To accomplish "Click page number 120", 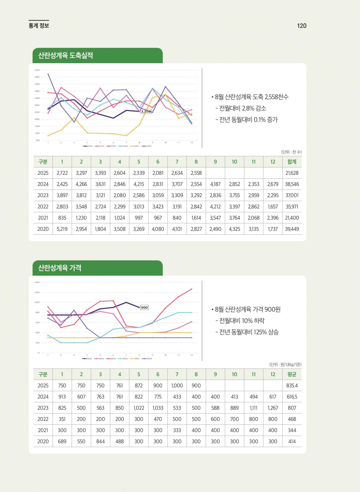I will (302, 26).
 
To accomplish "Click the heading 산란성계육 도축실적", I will (66, 55).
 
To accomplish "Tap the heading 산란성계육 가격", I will (60, 268).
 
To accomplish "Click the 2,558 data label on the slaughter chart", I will (146, 111).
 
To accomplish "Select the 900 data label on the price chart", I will (144, 307).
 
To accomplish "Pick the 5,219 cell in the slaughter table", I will (62, 229).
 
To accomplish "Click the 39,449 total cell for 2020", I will (292, 229).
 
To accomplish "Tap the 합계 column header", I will (292, 162).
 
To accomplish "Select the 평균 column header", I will (292, 374).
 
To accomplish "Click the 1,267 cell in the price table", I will (273, 408).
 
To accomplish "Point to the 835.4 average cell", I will (292, 385).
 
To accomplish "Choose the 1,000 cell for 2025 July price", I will (177, 385).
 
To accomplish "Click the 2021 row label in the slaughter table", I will (43, 218).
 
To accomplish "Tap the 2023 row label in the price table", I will (43, 408).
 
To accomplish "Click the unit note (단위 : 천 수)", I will (291, 152).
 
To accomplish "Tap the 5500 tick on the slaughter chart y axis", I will (37, 70).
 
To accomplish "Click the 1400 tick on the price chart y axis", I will (37, 282).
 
